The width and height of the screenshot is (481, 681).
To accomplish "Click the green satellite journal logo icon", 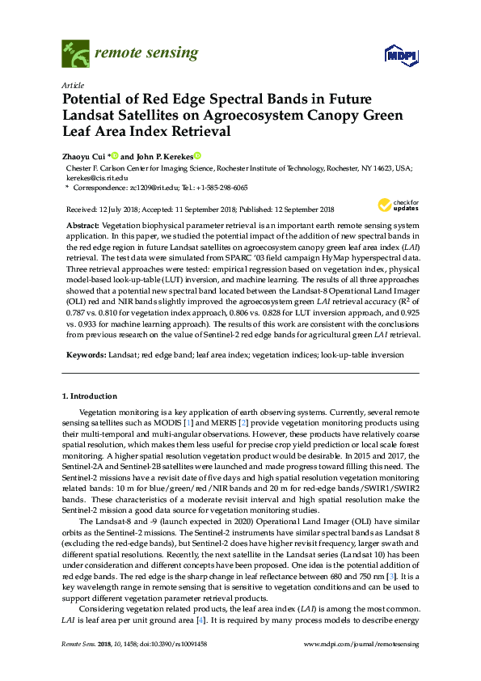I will [76, 54].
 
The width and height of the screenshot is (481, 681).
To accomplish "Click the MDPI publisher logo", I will [399, 56].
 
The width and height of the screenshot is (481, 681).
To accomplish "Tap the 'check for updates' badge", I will [399, 205].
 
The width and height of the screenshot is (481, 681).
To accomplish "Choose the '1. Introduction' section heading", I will [90, 396].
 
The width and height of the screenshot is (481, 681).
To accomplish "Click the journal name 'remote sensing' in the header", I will [146, 53].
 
